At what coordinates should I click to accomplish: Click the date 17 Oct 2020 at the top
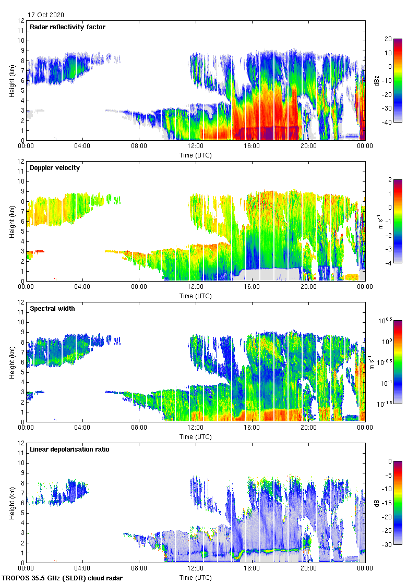[x=46, y=15]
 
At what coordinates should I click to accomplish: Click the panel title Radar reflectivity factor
[x=68, y=27]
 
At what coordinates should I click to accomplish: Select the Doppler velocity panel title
[x=55, y=168]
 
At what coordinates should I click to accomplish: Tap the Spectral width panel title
[x=53, y=309]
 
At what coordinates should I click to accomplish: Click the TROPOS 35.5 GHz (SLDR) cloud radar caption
[x=62, y=578]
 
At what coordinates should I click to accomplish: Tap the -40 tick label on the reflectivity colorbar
[x=388, y=122]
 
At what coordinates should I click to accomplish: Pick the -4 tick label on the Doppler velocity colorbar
[x=389, y=263]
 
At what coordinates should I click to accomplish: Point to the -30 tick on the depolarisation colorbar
[x=388, y=545]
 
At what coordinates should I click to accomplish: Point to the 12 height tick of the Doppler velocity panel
[x=21, y=162]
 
